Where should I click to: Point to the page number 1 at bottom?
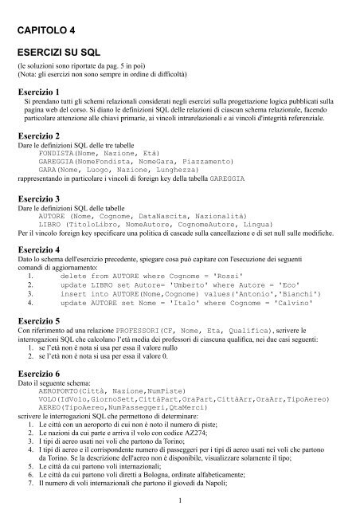[x=182, y=499]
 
